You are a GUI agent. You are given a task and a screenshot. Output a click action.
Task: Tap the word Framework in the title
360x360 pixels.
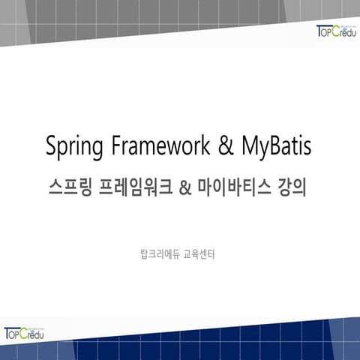pos(158,146)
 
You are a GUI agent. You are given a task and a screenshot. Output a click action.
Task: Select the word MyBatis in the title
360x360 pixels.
pos(275,147)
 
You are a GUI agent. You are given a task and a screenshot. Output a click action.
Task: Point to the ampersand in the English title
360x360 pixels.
pos(224,146)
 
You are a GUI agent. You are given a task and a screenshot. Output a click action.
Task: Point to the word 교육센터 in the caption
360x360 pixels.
pos(199,253)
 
